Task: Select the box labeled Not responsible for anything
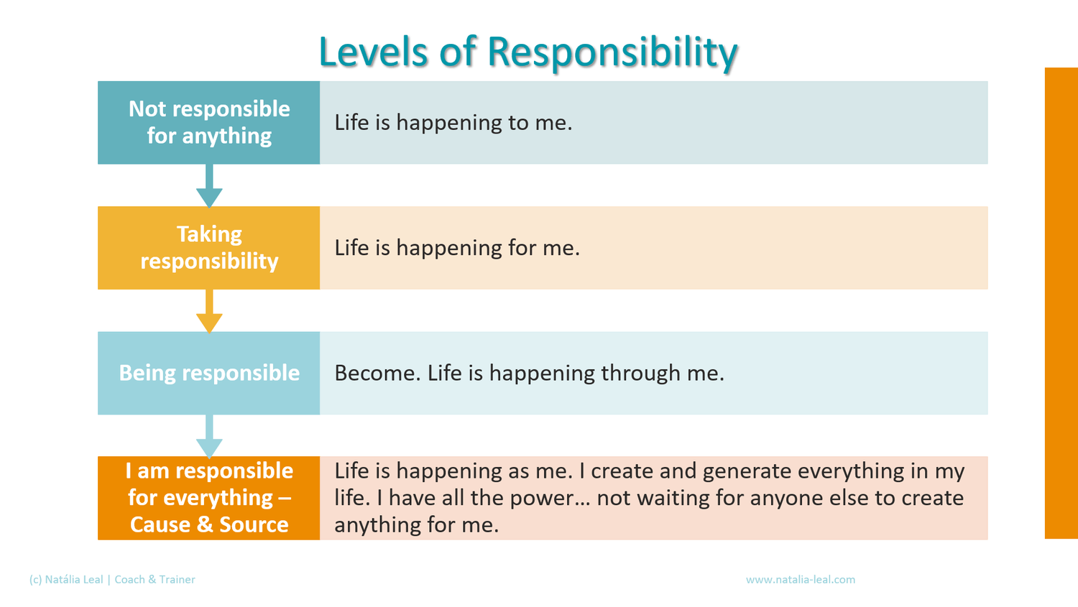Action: (x=209, y=123)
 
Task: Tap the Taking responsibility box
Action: (x=209, y=248)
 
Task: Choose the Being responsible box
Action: (x=209, y=373)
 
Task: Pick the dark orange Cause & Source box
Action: (x=209, y=498)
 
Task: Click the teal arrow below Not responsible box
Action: (x=209, y=185)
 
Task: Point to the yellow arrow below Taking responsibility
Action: (x=209, y=311)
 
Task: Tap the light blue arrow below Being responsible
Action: (x=209, y=436)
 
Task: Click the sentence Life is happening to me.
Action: (x=453, y=123)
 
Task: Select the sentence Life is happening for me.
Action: (x=457, y=248)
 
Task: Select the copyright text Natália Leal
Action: (x=73, y=580)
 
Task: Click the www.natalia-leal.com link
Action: (x=801, y=580)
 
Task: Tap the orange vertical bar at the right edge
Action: (x=1061, y=303)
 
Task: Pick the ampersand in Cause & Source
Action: (x=205, y=524)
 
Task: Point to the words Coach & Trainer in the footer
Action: (x=155, y=580)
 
